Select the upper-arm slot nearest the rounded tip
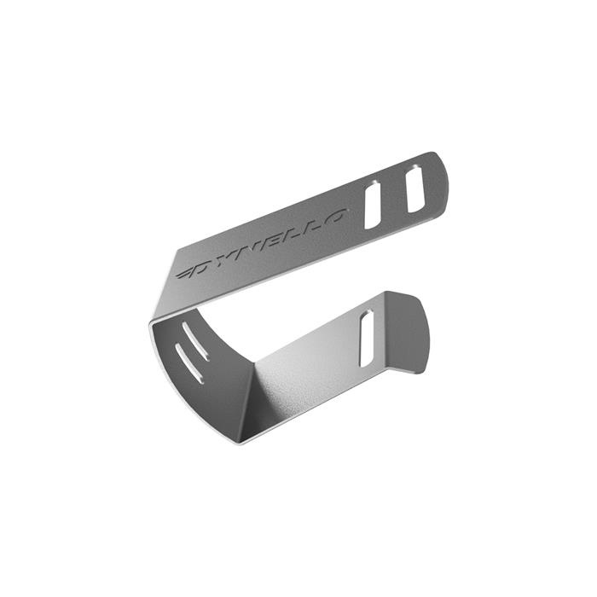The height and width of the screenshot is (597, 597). pyautogui.click(x=415, y=188)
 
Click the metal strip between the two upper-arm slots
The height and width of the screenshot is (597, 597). pyautogui.click(x=395, y=197)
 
